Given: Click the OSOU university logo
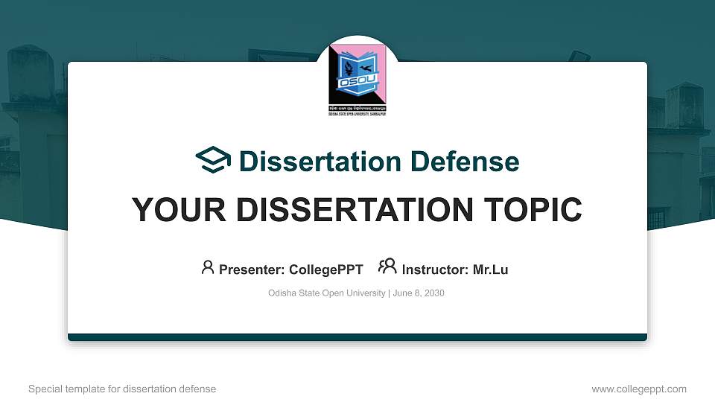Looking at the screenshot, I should pos(357,76).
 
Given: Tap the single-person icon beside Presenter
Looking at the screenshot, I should pos(208,267).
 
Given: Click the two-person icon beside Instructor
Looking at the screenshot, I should pos(387,267).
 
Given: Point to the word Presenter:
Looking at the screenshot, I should pos(252,269).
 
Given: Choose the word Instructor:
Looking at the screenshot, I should pos(436,269).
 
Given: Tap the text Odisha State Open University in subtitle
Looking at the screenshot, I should pos(326,293).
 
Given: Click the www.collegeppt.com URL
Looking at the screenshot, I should pos(639,389).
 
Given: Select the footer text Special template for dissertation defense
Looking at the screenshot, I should pos(122,389).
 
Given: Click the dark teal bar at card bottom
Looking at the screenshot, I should pos(357,337).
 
